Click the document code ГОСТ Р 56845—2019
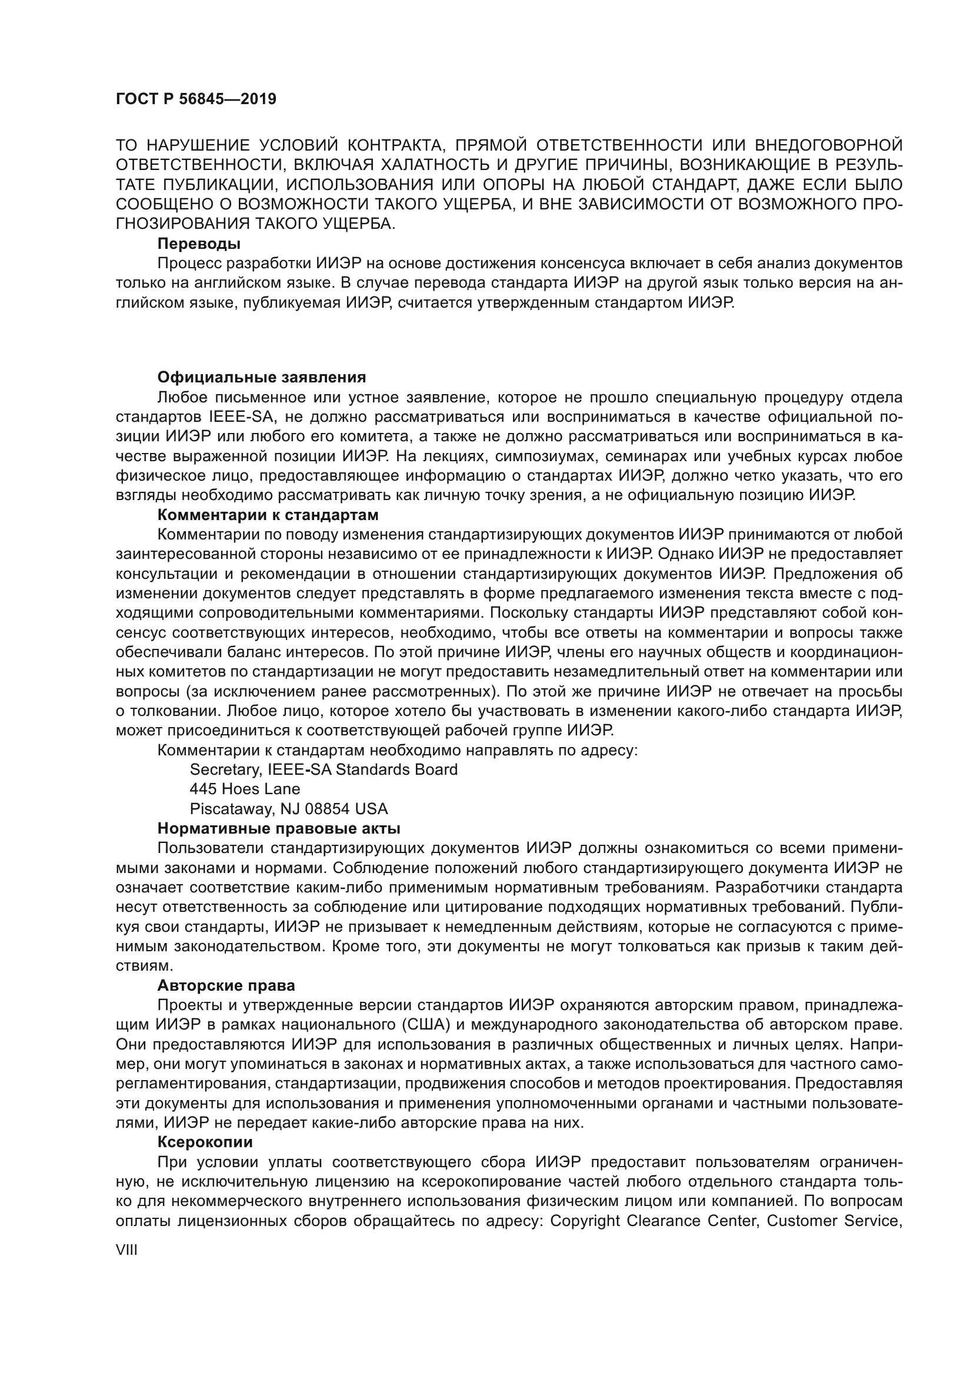[x=196, y=99]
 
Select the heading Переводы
[x=199, y=244]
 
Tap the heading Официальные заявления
[x=261, y=377]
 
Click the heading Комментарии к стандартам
[x=268, y=515]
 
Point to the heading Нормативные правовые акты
[x=279, y=828]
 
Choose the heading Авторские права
[x=226, y=985]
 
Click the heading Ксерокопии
[x=204, y=1142]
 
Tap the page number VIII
[x=126, y=1250]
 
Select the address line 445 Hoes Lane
[x=245, y=789]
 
